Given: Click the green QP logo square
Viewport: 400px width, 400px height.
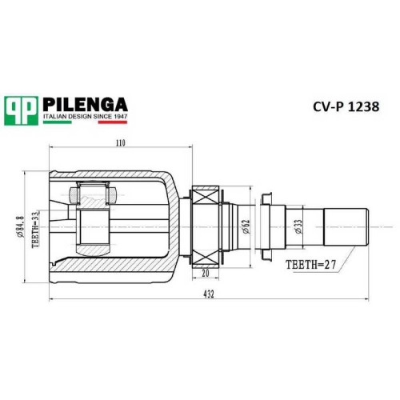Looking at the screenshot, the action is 21,110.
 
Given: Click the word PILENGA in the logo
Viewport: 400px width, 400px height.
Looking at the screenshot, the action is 85,104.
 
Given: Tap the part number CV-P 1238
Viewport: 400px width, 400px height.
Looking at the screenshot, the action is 346,106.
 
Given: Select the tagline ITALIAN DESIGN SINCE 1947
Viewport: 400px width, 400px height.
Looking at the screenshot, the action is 86,117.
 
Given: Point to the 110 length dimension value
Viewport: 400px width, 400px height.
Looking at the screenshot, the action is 121,143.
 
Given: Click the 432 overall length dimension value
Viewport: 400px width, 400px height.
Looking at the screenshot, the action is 209,294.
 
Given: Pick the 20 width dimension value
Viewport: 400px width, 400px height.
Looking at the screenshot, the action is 206,274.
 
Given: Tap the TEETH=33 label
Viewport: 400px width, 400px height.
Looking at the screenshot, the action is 35,230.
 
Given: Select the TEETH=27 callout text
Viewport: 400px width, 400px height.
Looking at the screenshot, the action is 310,265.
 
